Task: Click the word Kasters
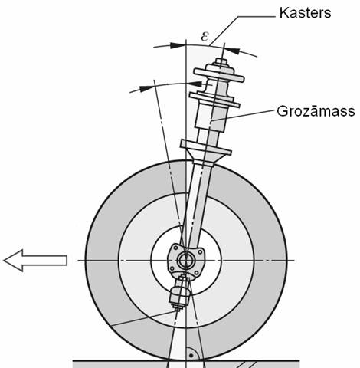(305, 13)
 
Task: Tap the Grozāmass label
(316, 111)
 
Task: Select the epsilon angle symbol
(205, 36)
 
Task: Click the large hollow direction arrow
(35, 261)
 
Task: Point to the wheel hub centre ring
(186, 261)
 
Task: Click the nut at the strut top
(221, 61)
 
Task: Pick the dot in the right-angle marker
(191, 356)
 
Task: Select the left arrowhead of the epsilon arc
(178, 45)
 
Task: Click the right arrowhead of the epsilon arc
(232, 51)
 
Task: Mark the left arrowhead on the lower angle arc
(147, 88)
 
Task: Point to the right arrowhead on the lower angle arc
(195, 84)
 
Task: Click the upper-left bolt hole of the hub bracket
(175, 248)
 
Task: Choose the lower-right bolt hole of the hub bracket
(196, 273)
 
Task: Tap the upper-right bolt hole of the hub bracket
(200, 252)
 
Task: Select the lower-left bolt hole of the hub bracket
(172, 268)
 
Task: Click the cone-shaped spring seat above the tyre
(205, 152)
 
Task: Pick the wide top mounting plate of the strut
(219, 75)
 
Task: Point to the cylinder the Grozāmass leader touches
(211, 118)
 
